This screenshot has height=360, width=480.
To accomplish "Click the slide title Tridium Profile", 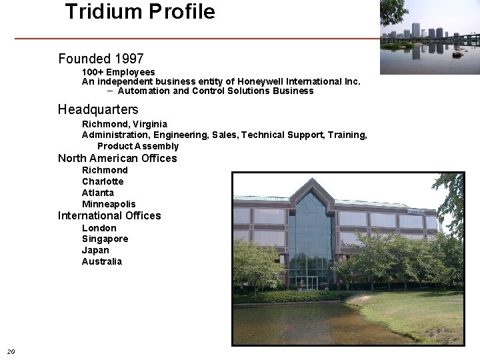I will [x=140, y=11].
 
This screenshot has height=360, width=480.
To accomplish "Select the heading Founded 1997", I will [x=101, y=59].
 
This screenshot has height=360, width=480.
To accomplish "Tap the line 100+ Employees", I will [x=119, y=71].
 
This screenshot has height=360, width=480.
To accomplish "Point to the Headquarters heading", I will [x=98, y=109].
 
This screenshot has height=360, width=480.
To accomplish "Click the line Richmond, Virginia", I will [x=125, y=124].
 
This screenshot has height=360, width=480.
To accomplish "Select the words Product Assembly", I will [x=138, y=146].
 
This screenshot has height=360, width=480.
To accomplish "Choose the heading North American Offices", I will [x=117, y=158].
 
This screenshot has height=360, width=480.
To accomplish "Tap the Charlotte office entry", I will [x=103, y=181].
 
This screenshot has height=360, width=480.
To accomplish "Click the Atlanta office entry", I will [x=98, y=193].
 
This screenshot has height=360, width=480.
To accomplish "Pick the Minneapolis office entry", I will [x=109, y=204].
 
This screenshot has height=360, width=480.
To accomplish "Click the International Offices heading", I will [x=109, y=215].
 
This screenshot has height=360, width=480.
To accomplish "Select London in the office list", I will [x=99, y=228].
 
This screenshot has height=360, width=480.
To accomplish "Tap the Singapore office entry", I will [x=105, y=239].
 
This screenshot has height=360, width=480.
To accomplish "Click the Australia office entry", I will [x=102, y=261].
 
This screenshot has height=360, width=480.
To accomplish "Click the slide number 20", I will [x=11, y=351].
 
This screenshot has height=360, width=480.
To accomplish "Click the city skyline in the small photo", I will [x=427, y=31].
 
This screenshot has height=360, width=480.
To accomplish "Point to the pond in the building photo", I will [x=300, y=323].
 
